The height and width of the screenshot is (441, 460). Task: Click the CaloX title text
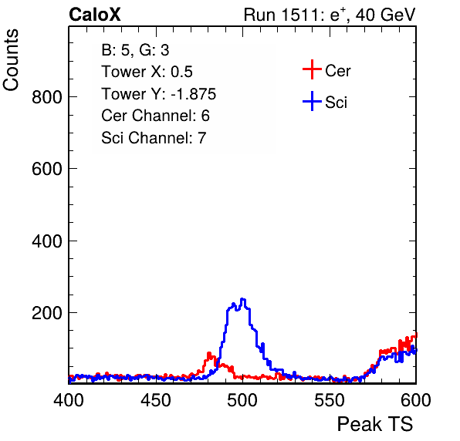click(95, 15)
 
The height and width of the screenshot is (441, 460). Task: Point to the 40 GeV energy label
click(386, 15)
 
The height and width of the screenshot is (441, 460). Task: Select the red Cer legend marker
click(312, 69)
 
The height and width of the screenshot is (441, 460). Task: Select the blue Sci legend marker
click(312, 101)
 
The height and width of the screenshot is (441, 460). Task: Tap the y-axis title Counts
click(11, 60)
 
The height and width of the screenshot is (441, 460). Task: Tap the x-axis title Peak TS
click(375, 424)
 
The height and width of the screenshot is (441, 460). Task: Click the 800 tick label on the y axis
click(47, 96)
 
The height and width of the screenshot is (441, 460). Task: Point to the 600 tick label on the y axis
click(47, 169)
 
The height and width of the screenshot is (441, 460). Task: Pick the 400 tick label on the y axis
click(47, 241)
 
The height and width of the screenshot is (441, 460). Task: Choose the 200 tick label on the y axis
click(47, 313)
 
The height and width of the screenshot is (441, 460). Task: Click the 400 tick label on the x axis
click(69, 399)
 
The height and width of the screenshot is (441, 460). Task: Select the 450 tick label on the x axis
click(155, 399)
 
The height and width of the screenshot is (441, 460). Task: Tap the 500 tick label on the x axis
click(242, 399)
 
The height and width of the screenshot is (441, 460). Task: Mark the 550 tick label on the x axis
click(329, 399)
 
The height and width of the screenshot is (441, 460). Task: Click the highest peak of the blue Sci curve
click(242, 299)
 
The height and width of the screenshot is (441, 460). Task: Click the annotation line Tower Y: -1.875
click(159, 94)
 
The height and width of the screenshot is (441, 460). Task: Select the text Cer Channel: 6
click(155, 116)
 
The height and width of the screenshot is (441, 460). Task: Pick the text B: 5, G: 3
click(135, 50)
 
